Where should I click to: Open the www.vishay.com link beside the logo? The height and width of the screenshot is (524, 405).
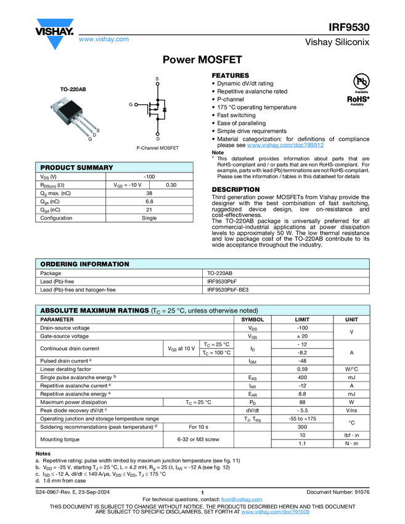(104, 39)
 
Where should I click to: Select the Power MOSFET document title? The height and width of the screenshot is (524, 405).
(202, 60)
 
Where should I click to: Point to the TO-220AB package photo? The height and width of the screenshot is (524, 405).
(76, 117)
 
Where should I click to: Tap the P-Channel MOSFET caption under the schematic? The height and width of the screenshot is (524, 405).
(157, 149)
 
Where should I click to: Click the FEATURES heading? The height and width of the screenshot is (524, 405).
(231, 75)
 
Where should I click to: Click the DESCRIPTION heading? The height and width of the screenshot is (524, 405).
(235, 189)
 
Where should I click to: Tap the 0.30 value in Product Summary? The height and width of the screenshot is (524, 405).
(171, 185)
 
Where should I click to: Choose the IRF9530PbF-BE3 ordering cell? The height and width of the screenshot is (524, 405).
(229, 289)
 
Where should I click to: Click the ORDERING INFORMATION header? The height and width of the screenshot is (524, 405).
(84, 264)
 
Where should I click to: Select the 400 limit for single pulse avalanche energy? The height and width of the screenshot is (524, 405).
(302, 377)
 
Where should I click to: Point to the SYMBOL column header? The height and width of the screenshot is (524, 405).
(252, 319)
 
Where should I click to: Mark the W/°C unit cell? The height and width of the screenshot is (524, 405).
(351, 369)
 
